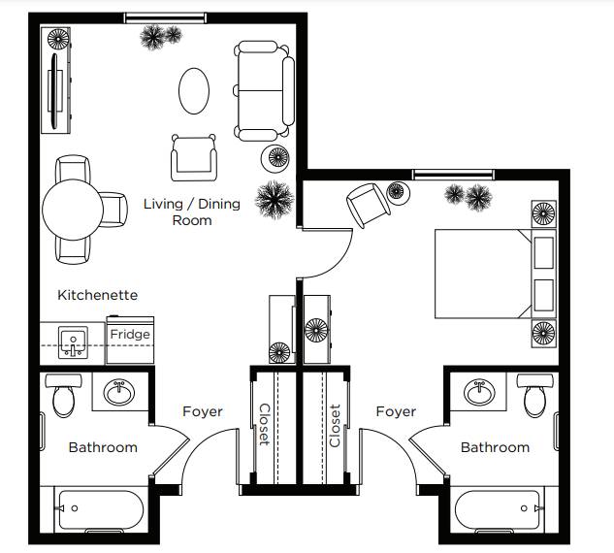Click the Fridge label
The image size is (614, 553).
(x=130, y=334)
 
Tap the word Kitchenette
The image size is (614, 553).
(x=98, y=295)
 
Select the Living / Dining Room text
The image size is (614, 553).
(x=192, y=211)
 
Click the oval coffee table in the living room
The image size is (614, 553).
(x=194, y=91)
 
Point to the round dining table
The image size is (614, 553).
(x=73, y=210)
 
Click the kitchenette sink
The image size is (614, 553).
(x=73, y=342)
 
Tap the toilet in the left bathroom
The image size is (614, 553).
(x=63, y=395)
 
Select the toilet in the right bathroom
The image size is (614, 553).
(x=535, y=395)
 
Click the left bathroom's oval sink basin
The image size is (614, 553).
(x=119, y=392)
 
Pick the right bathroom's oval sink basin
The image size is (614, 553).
(x=479, y=392)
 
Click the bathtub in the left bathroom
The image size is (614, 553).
(x=101, y=510)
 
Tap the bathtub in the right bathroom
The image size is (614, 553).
(x=498, y=510)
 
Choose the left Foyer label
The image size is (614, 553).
(x=203, y=411)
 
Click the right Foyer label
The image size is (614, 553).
(x=396, y=411)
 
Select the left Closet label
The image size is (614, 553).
(x=265, y=425)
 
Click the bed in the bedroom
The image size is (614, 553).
(x=495, y=274)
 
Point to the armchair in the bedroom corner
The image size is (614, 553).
(x=368, y=205)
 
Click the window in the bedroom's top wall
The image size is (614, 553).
(x=453, y=175)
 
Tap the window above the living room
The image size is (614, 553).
(x=165, y=17)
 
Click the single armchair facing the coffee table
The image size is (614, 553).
(x=194, y=158)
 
